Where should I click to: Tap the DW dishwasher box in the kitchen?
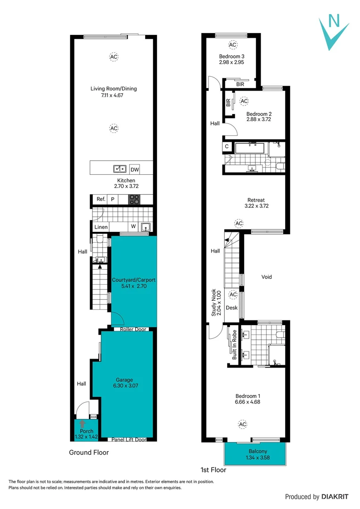pyautogui.click(x=135, y=169)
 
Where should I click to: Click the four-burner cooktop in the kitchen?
pyautogui.click(x=134, y=199)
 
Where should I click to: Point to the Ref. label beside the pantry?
pyautogui.click(x=100, y=199)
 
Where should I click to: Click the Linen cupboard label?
pyautogui.click(x=101, y=227)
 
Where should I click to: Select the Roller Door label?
pyautogui.click(x=134, y=329)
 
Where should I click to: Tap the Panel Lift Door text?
pyautogui.click(x=129, y=440)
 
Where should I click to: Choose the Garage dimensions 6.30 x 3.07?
pyautogui.click(x=124, y=386)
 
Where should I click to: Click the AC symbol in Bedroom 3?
pyautogui.click(x=232, y=45)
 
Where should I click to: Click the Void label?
pyautogui.click(x=267, y=277)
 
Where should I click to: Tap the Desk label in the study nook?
pyautogui.click(x=231, y=308)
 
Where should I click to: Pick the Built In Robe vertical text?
pyautogui.click(x=234, y=345)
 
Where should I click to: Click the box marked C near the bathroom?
pyautogui.click(x=227, y=147)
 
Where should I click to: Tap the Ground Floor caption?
pyautogui.click(x=89, y=452)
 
